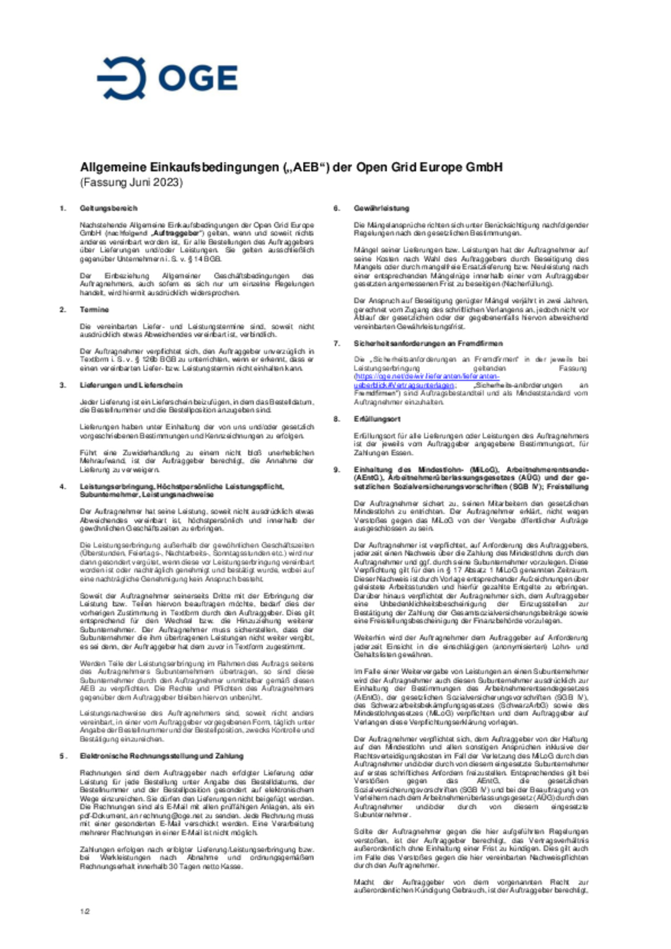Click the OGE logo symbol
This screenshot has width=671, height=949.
point(122,78)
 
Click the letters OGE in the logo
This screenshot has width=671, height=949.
point(198,78)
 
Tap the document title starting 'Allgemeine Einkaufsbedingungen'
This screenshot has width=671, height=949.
point(291,167)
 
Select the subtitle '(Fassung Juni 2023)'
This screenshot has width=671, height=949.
point(131,182)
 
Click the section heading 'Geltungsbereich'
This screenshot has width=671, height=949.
point(109,208)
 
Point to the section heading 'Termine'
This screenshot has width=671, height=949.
point(94,310)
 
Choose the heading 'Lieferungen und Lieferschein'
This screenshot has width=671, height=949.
point(131,385)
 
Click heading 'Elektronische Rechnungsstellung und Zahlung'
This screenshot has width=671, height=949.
point(162,756)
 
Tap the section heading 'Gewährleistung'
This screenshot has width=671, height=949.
point(381,208)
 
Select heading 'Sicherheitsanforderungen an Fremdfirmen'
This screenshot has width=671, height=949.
point(428,343)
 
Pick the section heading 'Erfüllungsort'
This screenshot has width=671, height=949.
point(377,419)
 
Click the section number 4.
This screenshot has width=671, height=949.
point(62,487)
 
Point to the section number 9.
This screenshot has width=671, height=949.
point(336,470)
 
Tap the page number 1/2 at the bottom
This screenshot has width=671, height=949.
point(84,911)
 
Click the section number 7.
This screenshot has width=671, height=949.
point(336,343)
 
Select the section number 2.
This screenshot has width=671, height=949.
point(62,310)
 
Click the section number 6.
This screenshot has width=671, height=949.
point(336,208)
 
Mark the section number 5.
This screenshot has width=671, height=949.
point(62,756)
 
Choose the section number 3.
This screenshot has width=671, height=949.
point(62,385)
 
